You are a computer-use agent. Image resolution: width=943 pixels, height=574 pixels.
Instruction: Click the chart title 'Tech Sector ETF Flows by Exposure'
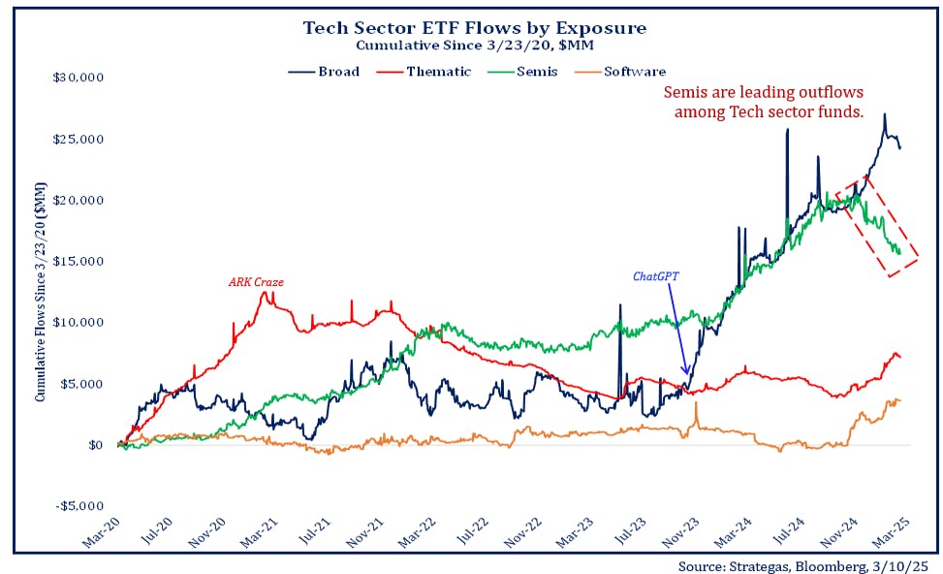pyautogui.click(x=474, y=27)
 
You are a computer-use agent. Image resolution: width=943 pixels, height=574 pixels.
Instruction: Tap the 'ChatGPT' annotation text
pyautogui.click(x=656, y=275)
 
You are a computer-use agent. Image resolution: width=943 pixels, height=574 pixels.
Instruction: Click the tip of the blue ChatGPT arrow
pyautogui.click(x=687, y=375)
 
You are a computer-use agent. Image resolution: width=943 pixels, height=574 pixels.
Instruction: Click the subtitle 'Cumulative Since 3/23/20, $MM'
pyautogui.click(x=474, y=46)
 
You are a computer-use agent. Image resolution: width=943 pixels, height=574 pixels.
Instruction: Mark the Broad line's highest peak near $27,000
pyautogui.click(x=884, y=114)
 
